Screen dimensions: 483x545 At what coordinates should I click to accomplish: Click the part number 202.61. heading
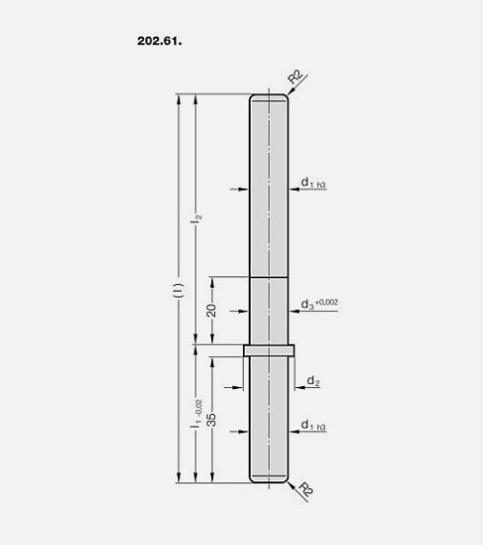[160, 41]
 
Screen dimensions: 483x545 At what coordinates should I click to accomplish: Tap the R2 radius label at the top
[296, 77]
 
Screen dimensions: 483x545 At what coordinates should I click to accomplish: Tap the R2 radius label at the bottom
[306, 489]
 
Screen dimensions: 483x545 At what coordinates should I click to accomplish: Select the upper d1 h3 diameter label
[313, 183]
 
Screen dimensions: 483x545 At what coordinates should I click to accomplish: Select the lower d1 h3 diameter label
[313, 426]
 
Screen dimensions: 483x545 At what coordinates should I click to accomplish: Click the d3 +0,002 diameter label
[319, 303]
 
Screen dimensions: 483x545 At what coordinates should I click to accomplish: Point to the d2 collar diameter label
[313, 381]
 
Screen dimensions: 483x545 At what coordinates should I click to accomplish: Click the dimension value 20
[211, 310]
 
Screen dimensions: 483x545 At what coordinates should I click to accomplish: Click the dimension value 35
[211, 420]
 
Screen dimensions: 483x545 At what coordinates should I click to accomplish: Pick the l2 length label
[197, 219]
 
